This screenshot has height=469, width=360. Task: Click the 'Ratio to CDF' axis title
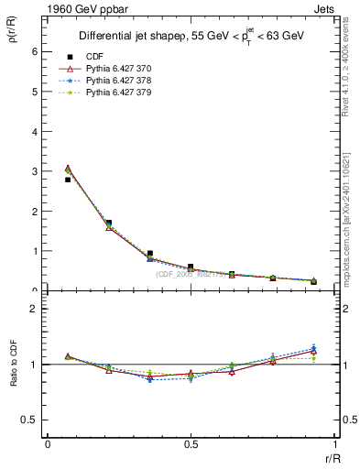tap(14, 365)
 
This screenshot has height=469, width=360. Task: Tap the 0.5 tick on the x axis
tap(190, 443)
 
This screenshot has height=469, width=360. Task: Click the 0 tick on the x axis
tap(48, 443)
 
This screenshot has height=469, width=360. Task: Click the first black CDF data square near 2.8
tap(68, 180)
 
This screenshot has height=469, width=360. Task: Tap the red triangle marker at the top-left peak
tap(68, 169)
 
